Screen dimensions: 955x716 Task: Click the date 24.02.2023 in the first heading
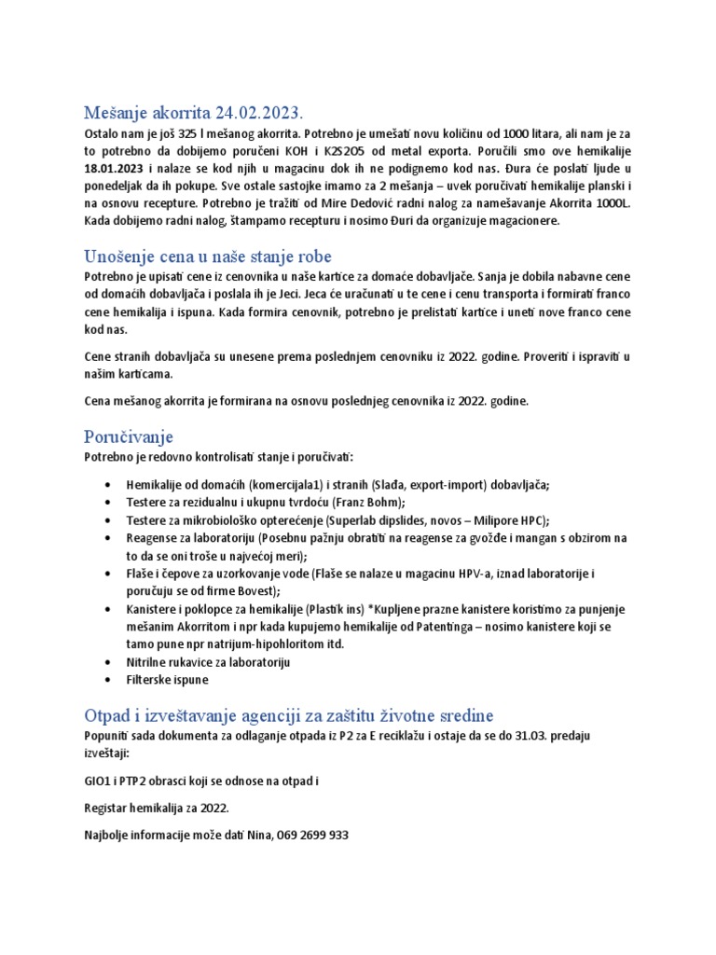tap(258, 113)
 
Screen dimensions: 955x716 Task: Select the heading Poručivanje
tap(128, 436)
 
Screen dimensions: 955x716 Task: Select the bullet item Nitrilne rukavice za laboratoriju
tap(200, 662)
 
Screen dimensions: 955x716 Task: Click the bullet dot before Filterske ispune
tap(111, 681)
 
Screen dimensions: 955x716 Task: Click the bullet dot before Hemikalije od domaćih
tap(111, 485)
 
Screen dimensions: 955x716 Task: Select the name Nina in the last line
tap(252, 835)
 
